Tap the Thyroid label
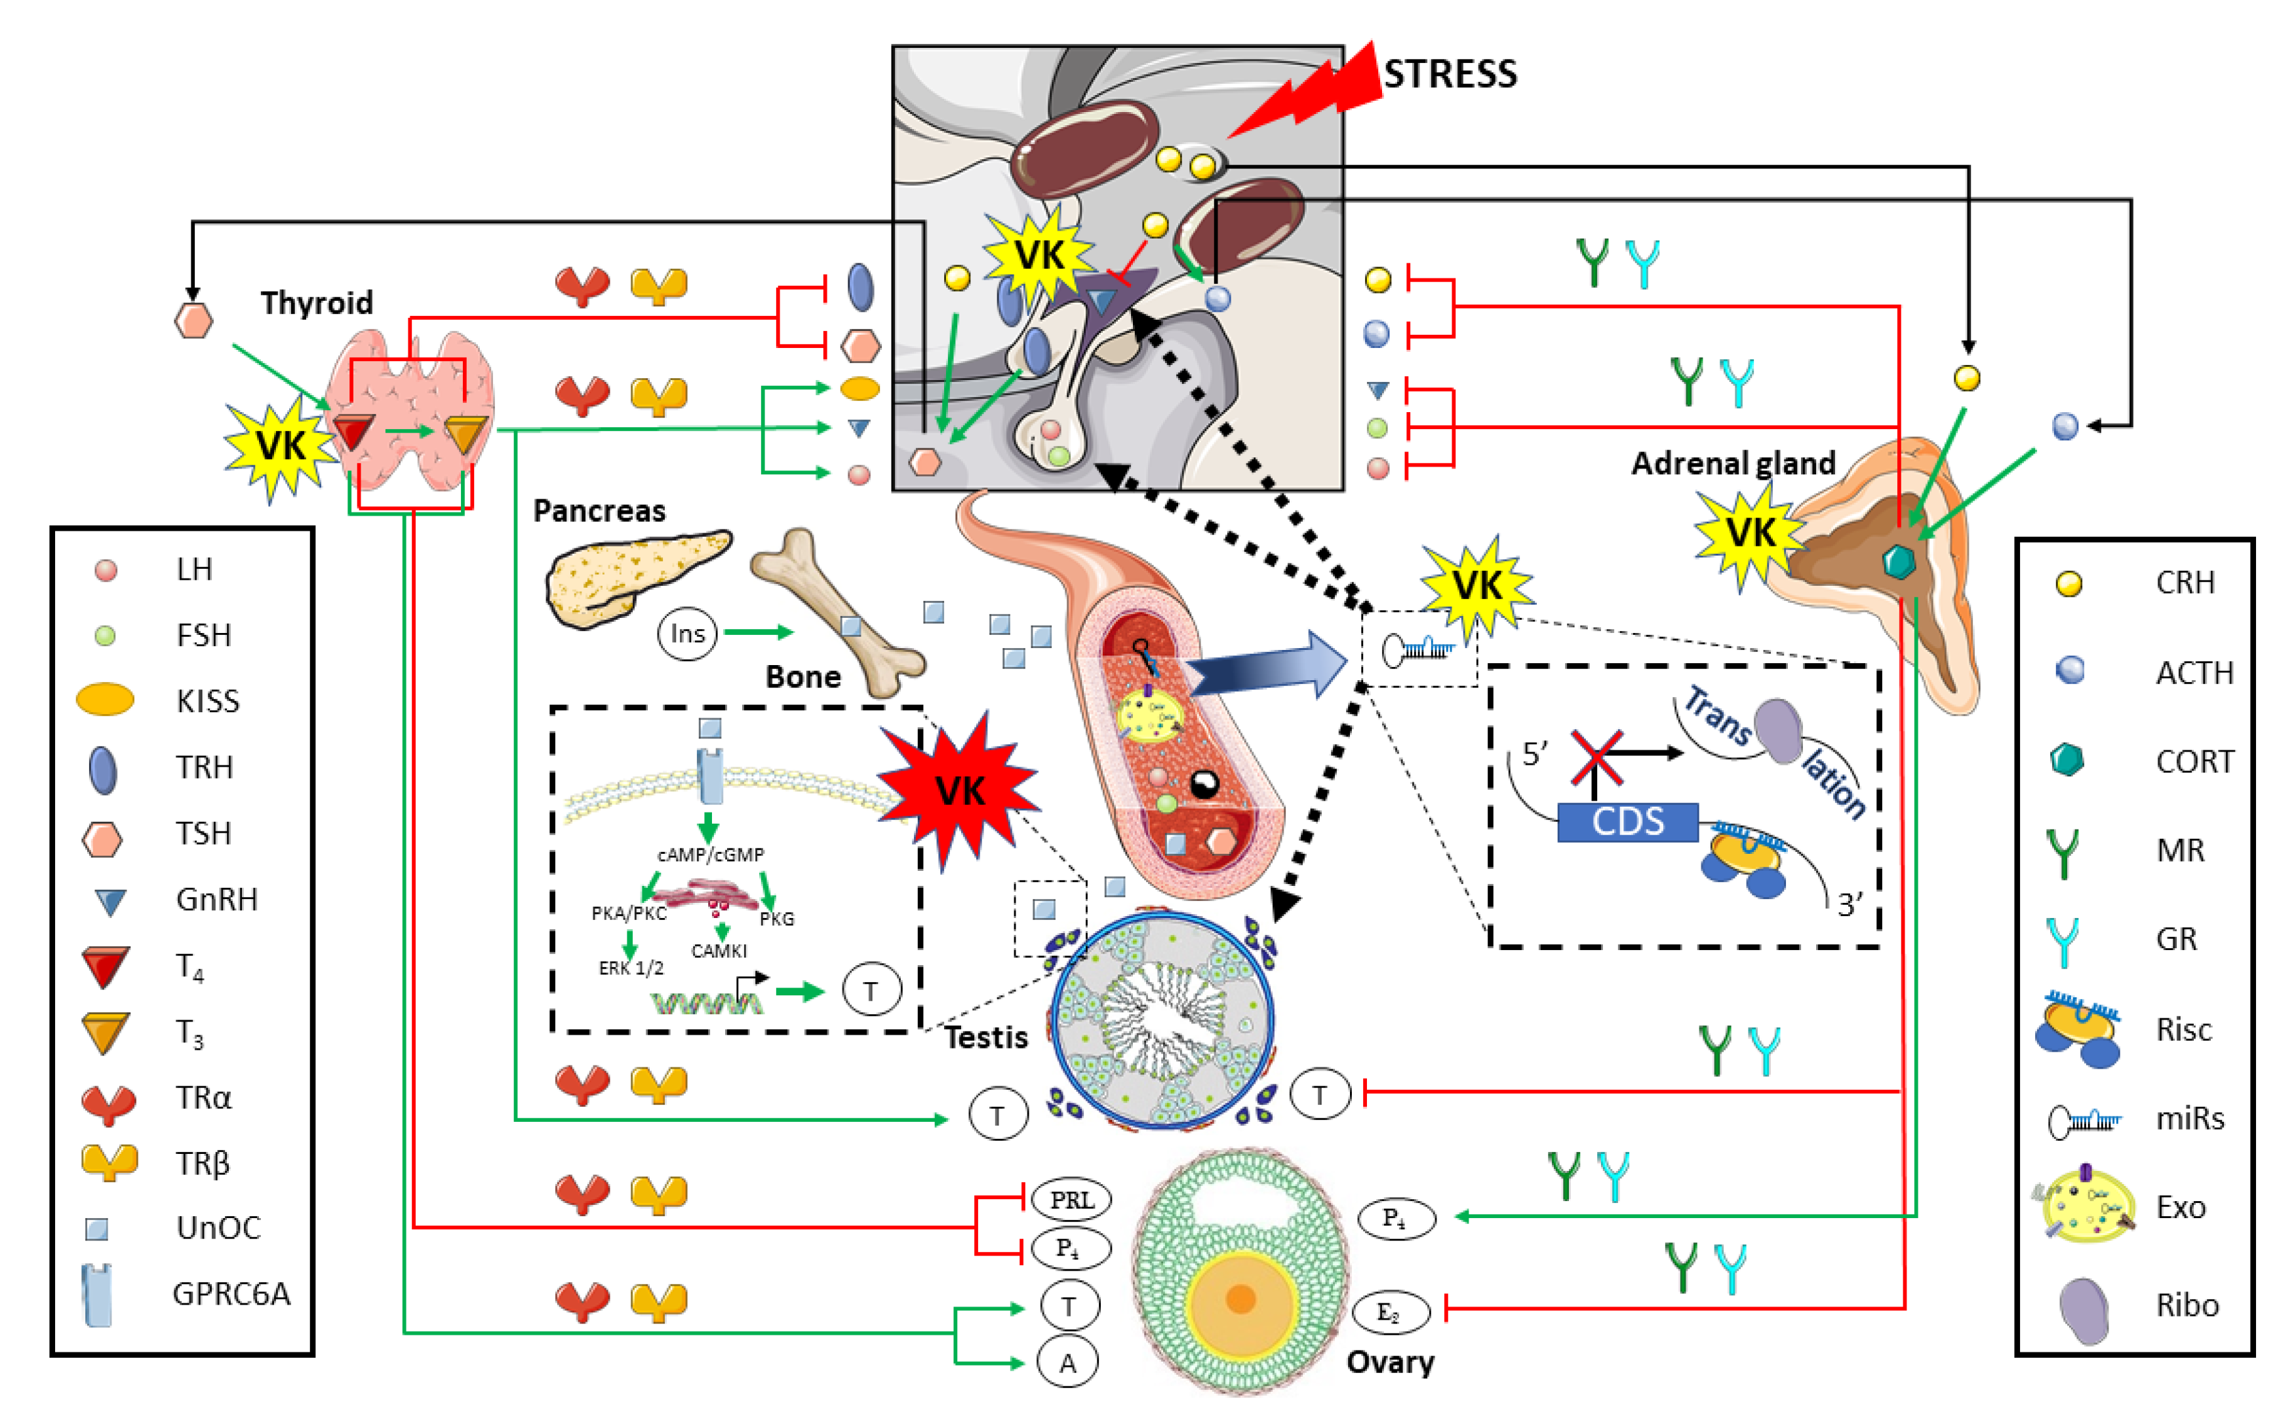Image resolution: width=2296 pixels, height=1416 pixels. [317, 303]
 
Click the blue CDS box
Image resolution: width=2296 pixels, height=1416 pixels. [1627, 821]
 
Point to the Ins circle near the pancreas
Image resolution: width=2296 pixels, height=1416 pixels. [686, 634]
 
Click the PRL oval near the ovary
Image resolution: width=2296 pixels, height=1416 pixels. [1071, 1200]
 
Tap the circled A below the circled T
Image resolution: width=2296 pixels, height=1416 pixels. [1067, 1363]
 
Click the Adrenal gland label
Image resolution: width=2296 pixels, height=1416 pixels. [1732, 463]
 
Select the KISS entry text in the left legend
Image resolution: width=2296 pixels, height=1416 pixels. [208, 700]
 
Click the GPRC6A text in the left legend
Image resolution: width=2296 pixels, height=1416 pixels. [231, 1293]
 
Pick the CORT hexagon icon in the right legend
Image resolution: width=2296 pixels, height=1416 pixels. [2067, 759]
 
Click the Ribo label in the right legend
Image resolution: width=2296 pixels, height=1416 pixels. [2187, 1305]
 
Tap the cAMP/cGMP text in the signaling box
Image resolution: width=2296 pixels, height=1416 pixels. [710, 854]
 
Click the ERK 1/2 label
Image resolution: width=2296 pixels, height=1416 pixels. [631, 967]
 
